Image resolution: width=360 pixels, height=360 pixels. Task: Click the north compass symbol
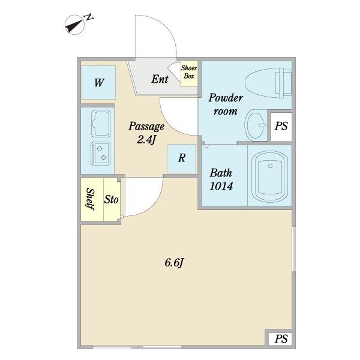click(75, 25)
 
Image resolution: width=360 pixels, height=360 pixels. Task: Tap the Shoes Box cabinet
click(189, 74)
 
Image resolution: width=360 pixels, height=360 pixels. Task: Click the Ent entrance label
click(160, 79)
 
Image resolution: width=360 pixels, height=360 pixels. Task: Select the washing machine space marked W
click(98, 82)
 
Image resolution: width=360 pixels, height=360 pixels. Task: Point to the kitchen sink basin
click(101, 123)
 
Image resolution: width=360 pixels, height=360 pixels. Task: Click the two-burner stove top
click(101, 154)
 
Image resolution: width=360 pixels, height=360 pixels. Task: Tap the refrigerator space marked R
click(182, 158)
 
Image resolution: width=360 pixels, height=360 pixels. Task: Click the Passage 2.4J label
click(146, 133)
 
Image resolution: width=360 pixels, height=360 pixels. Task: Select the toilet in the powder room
click(268, 83)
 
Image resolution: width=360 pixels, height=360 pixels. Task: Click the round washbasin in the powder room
click(256, 125)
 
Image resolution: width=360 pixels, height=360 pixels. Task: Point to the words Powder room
click(226, 104)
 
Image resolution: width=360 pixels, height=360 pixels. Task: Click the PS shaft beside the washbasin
click(281, 127)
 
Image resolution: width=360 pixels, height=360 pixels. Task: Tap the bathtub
click(269, 176)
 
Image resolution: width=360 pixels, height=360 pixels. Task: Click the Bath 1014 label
click(221, 179)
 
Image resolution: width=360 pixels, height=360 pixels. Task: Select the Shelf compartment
click(92, 200)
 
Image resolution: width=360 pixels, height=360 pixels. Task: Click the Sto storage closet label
click(112, 200)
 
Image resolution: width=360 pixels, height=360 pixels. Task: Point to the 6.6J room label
click(174, 262)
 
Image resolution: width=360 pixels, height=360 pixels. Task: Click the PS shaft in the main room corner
click(280, 339)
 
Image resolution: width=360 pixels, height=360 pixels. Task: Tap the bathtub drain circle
click(270, 166)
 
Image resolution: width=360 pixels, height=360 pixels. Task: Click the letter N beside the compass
click(89, 17)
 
